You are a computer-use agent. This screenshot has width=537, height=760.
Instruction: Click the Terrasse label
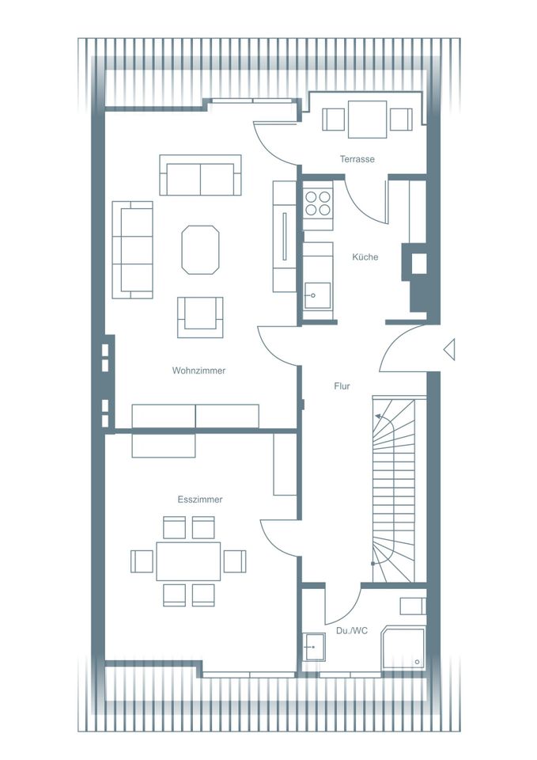click(357, 159)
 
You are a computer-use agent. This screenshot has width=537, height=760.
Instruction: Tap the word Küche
click(365, 256)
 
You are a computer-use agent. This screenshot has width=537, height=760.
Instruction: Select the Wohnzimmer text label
click(199, 370)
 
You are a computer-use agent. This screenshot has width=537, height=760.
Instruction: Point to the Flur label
click(342, 386)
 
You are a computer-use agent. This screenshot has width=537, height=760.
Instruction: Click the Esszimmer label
click(200, 500)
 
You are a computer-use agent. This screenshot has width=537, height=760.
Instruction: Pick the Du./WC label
click(352, 631)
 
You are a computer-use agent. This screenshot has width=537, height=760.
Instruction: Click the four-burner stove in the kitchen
click(318, 203)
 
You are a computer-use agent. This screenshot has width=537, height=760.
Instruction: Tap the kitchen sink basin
click(318, 296)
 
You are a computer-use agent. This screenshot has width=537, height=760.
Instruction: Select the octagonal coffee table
click(200, 249)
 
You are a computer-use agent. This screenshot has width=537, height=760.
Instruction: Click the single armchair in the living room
click(200, 317)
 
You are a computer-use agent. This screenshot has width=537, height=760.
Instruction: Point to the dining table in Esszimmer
click(188, 561)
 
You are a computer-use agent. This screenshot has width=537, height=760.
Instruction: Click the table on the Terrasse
click(368, 120)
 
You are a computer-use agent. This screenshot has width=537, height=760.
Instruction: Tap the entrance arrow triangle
click(449, 349)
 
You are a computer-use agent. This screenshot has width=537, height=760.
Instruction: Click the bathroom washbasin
click(314, 647)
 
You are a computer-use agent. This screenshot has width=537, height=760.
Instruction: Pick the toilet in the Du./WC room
click(413, 606)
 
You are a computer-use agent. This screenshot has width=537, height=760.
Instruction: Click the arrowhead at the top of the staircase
click(378, 416)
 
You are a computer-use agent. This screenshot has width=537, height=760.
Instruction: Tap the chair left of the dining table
click(142, 561)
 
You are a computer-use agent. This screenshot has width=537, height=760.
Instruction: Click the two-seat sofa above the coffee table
click(200, 175)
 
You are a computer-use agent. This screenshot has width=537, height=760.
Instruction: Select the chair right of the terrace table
click(402, 120)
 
